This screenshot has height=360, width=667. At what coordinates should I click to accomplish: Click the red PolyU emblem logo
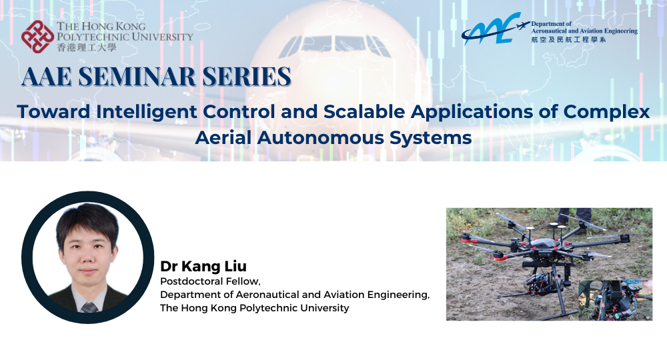37,37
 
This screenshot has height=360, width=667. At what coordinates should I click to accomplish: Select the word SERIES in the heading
247,77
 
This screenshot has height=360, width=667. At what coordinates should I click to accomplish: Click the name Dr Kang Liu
203,266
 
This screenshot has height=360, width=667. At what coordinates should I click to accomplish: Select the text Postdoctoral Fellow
209,281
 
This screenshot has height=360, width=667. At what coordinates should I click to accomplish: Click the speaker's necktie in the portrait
87,307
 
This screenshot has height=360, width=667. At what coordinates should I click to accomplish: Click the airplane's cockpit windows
333,45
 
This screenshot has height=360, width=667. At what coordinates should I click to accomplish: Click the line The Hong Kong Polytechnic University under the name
254,308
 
